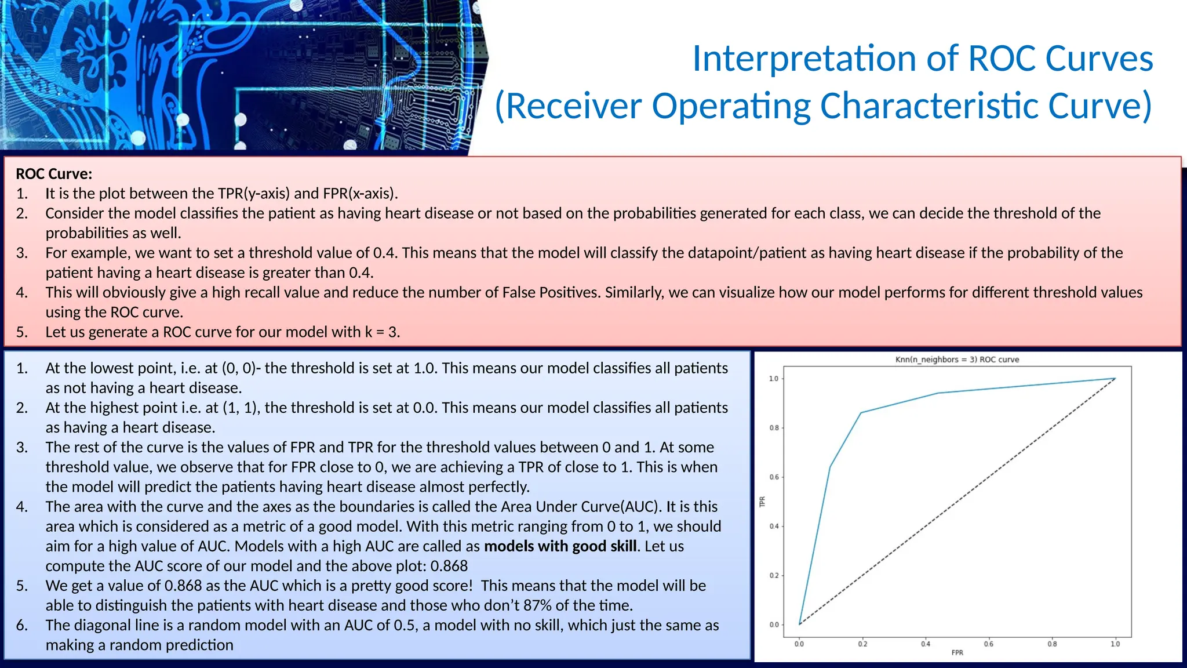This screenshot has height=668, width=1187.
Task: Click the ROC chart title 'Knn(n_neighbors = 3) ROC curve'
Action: point(957,360)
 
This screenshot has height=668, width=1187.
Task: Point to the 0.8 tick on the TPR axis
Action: point(774,428)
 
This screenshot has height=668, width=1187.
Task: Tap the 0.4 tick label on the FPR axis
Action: point(926,644)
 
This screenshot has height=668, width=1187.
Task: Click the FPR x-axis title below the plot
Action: point(957,653)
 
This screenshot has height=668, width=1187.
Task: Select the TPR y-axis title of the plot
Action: point(763,502)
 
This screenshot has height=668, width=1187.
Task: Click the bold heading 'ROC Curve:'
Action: point(54,174)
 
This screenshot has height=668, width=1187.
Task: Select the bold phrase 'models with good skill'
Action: point(560,546)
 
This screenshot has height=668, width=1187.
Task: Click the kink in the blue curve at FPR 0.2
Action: point(861,413)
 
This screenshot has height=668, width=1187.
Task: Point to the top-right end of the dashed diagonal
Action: point(1115,379)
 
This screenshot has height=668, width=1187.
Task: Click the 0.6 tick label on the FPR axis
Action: point(989,644)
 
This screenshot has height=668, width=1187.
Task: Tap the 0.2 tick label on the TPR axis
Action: point(774,576)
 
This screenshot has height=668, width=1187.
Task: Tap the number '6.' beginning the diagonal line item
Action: point(21,625)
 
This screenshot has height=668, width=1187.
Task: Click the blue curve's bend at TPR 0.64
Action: point(831,467)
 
